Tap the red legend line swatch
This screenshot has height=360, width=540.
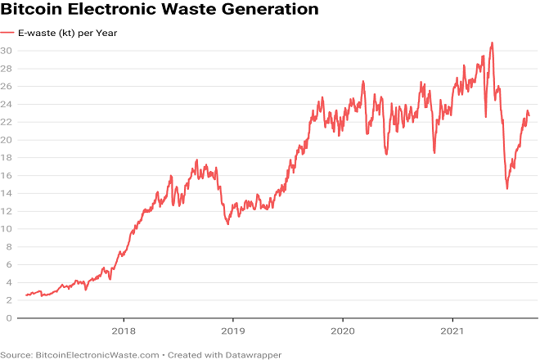[7, 34]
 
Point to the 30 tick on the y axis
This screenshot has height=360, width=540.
[7, 51]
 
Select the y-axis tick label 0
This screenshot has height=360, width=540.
[9, 318]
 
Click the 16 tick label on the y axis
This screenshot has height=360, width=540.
[7, 175]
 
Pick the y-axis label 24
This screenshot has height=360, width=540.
[7, 104]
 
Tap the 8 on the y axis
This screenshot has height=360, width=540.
[9, 247]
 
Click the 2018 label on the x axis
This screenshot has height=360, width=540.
[124, 332]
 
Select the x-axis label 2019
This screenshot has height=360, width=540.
[232, 332]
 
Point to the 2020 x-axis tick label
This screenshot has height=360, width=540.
[342, 332]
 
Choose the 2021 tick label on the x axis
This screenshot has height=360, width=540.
[452, 332]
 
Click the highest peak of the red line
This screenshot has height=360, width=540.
[492, 43]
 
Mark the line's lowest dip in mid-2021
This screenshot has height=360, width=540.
[507, 189]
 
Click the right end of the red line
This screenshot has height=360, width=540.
[529, 115]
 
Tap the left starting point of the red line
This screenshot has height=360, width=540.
[26, 295]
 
